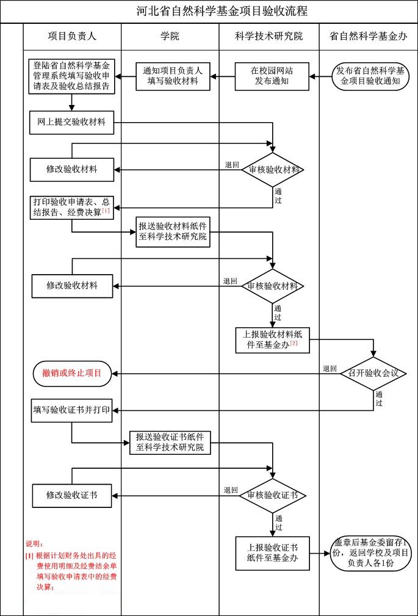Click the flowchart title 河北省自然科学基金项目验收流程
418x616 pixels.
click(222, 11)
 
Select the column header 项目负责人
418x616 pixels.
click(72, 36)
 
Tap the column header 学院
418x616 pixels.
click(170, 36)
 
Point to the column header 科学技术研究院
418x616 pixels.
click(268, 36)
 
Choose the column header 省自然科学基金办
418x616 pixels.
click(368, 36)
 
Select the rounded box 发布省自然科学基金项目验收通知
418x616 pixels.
click(367, 76)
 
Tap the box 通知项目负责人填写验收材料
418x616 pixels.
click(173, 76)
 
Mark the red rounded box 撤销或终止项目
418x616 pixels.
click(72, 372)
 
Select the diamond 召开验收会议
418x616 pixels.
click(373, 372)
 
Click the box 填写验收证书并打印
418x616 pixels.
click(71, 410)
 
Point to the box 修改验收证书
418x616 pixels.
click(72, 495)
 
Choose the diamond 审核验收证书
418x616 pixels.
click(273, 495)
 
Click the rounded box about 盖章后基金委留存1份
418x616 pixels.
click(370, 554)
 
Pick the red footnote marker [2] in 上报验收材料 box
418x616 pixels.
click(294, 344)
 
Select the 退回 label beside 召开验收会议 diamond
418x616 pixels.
click(330, 369)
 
